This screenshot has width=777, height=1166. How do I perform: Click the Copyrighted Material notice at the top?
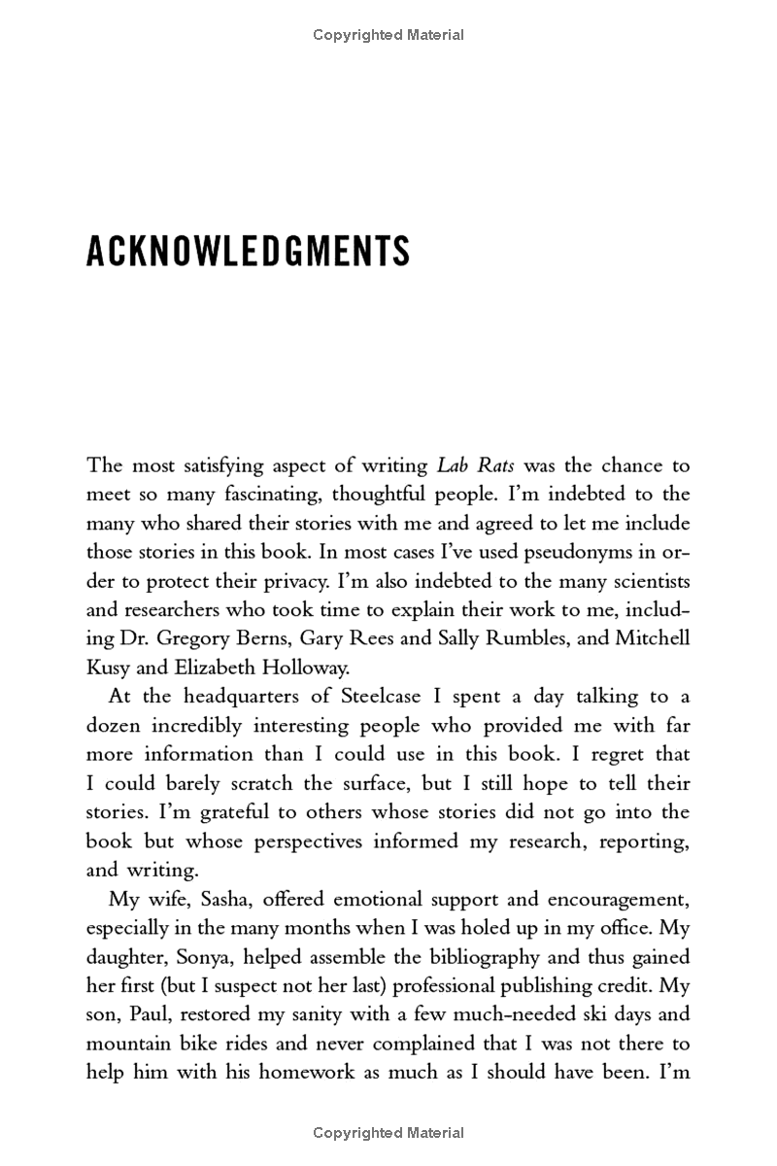(x=388, y=35)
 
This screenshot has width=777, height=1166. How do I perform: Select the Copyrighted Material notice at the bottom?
(x=388, y=1133)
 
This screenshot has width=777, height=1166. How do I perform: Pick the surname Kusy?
(x=112, y=669)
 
